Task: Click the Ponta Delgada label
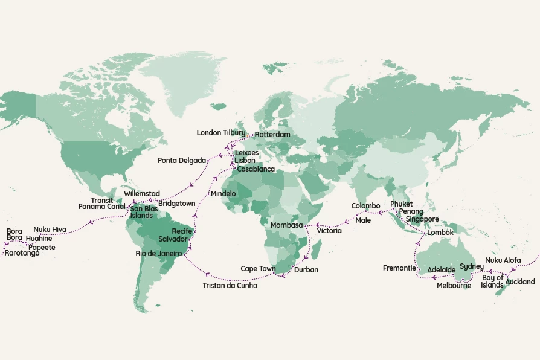182,161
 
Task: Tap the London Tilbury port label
221,133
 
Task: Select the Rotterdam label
272,134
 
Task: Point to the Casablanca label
256,170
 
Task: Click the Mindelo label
223,194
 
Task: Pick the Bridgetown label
176,204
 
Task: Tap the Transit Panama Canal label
101,204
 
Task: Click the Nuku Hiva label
50,230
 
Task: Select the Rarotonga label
22,253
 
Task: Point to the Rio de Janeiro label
159,253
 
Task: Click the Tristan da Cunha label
230,286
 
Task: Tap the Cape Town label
258,269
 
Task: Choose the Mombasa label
286,225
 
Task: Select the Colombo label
365,206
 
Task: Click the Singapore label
422,219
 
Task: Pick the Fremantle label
399,268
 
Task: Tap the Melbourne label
454,286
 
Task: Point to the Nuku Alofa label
503,260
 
